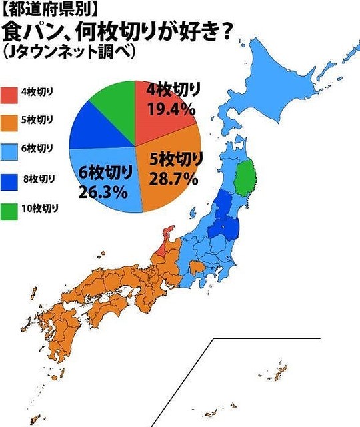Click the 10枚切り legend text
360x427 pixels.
tap(40, 208)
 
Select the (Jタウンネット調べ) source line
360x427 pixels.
tap(73, 52)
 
